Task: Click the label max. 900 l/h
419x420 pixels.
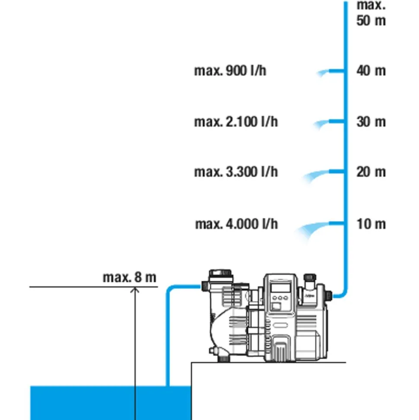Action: pyautogui.click(x=230, y=71)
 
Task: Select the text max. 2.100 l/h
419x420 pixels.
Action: pyautogui.click(x=236, y=122)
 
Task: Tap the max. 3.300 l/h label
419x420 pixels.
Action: pyautogui.click(x=236, y=172)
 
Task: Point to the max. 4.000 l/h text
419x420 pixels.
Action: pyautogui.click(x=236, y=224)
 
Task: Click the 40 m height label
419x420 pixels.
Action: pyautogui.click(x=371, y=71)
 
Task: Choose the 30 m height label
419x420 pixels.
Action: pyautogui.click(x=371, y=122)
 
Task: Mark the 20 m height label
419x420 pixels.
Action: pyautogui.click(x=371, y=172)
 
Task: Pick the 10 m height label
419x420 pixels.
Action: pyautogui.click(x=371, y=224)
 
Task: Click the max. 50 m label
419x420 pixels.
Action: pyautogui.click(x=371, y=13)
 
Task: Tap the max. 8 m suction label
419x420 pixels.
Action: pyautogui.click(x=129, y=277)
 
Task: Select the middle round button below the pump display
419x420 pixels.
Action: pyautogui.click(x=280, y=298)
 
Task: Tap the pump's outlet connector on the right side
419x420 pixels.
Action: pyautogui.click(x=329, y=295)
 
